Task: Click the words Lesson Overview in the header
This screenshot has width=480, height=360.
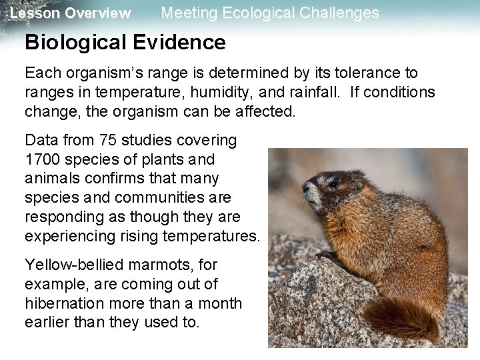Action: (71, 13)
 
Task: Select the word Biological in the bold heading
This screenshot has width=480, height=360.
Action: (74, 43)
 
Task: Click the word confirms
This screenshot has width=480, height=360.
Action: (101, 178)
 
